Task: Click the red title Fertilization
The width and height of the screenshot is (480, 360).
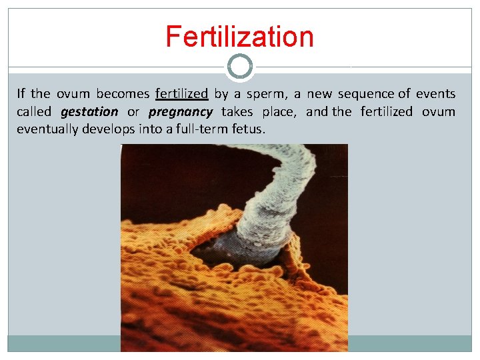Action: pyautogui.click(x=239, y=36)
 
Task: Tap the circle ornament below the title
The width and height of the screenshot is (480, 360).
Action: pyautogui.click(x=240, y=67)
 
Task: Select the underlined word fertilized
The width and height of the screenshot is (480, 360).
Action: pyautogui.click(x=181, y=94)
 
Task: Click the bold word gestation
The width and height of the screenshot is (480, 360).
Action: pyautogui.click(x=89, y=112)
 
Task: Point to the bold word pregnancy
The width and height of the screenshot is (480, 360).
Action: pyautogui.click(x=181, y=112)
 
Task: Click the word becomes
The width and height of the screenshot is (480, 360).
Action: pyautogui.click(x=122, y=94)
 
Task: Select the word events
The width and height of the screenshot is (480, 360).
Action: pyautogui.click(x=435, y=94)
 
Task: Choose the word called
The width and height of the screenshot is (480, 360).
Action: pyautogui.click(x=33, y=112)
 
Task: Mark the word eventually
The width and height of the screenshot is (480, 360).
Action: pyautogui.click(x=47, y=129)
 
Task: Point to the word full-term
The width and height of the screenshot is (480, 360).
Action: pyautogui.click(x=193, y=129)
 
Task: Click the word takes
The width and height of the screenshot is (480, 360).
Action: pyautogui.click(x=237, y=112)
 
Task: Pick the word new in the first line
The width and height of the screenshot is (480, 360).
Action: pyautogui.click(x=319, y=94)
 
